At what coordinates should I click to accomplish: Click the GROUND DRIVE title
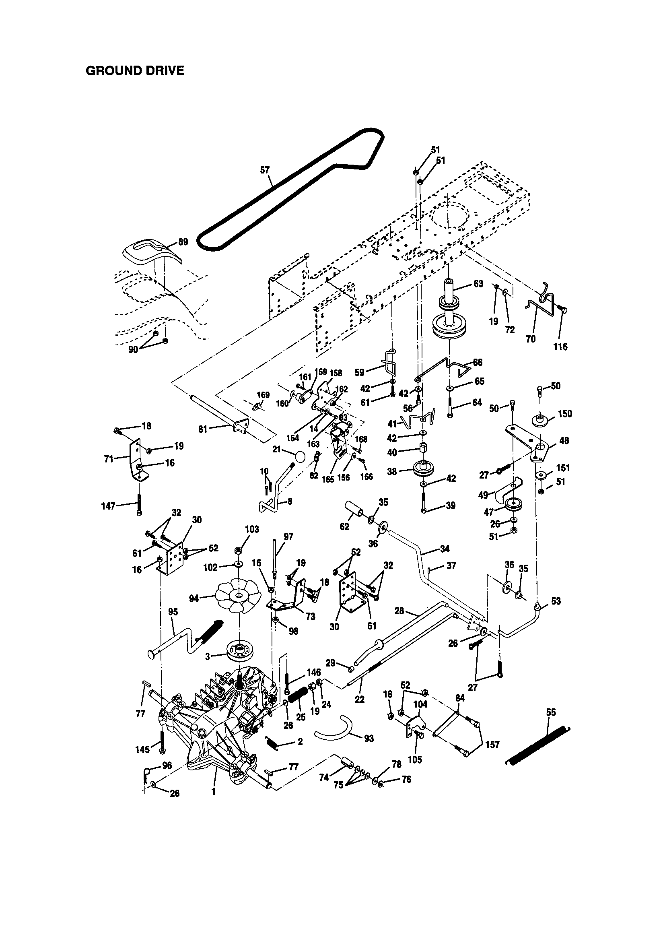coord(135,70)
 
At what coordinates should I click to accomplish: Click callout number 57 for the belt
coord(265,170)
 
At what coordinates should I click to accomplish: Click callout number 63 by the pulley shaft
coord(478,284)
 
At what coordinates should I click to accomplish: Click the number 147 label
coord(108,506)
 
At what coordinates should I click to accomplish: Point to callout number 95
coord(173,612)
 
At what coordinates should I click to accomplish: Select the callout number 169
coord(263,395)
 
